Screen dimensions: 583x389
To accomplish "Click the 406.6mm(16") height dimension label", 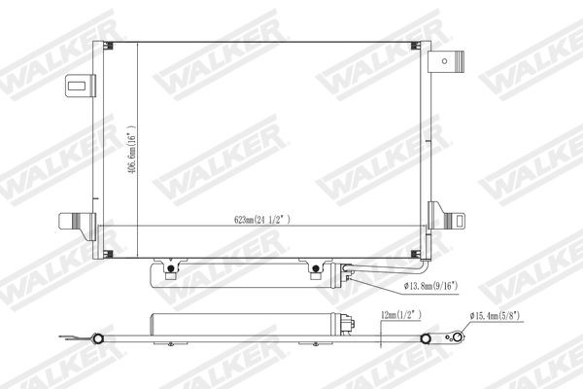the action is pos(131,150).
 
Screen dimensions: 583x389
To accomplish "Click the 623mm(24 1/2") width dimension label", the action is pos(261,220).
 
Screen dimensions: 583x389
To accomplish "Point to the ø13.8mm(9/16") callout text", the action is pos(430,286).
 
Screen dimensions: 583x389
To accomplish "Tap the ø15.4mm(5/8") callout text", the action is pos(495,316).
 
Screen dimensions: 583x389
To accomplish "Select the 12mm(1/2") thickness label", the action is pos(401,315).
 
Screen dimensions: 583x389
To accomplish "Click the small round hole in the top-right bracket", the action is pos(444,61).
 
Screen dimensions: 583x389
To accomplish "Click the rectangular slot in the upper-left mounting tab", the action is pos(77,86).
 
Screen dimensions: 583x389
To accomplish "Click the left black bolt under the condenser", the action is pos(171,268).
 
